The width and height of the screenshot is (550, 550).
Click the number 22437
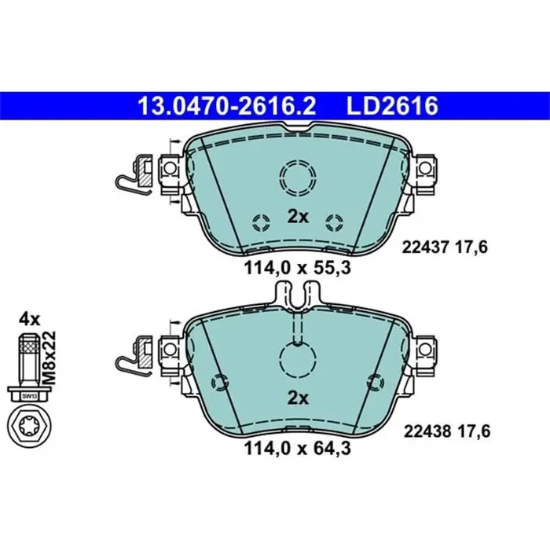tap(423, 247)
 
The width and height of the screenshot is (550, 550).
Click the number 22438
tap(423, 430)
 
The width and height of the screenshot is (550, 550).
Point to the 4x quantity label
tap(29, 319)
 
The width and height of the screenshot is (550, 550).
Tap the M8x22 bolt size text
tap(49, 355)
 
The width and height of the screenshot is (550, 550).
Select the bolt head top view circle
tap(28, 428)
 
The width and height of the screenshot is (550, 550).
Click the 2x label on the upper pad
tap(297, 217)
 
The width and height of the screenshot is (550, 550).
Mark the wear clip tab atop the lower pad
tap(297, 296)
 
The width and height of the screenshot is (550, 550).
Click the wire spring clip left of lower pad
tap(131, 354)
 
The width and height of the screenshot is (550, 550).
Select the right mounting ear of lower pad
tap(427, 346)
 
